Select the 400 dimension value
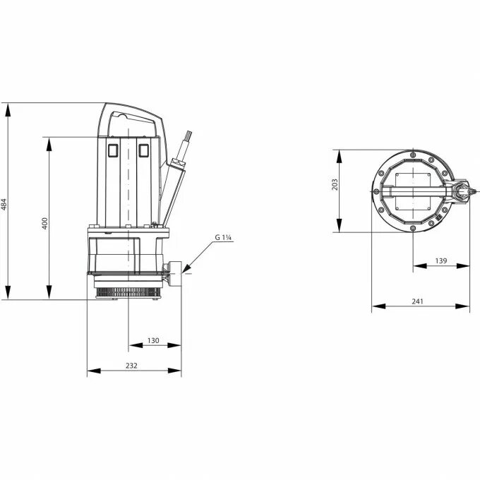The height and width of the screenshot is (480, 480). click(x=45, y=224)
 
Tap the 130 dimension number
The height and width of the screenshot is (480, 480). click(x=153, y=341)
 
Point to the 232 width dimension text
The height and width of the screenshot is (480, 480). click(x=132, y=365)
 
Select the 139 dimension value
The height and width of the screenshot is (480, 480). click(x=440, y=260)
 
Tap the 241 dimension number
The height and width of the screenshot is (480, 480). click(x=417, y=301)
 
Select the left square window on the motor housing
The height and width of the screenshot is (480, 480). click(x=112, y=149)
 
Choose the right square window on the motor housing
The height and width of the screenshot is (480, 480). click(x=145, y=149)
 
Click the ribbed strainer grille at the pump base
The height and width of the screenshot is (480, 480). click(x=127, y=290)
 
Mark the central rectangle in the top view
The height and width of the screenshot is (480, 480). click(x=412, y=191)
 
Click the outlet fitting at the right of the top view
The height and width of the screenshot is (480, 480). click(x=461, y=191)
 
